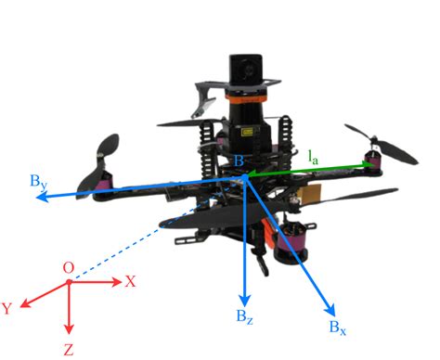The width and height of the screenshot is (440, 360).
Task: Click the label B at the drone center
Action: tap(240, 164)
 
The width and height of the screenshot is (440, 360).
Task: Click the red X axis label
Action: tap(131, 281)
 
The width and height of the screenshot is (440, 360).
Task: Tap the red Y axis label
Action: tap(7, 308)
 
